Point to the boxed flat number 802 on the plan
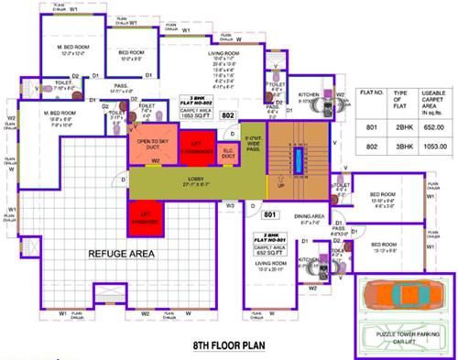(254, 116)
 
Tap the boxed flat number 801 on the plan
(270, 215)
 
